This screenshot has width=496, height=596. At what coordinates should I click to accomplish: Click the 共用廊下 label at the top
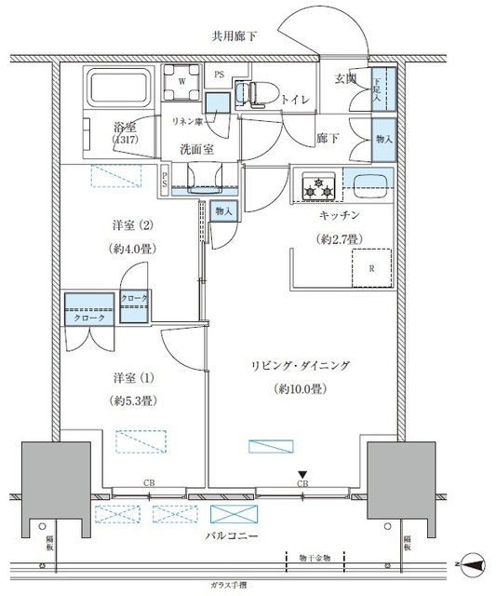(x=235, y=37)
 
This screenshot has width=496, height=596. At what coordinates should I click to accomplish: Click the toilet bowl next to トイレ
(x=246, y=91)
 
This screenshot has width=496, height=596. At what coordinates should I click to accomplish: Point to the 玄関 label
(x=346, y=79)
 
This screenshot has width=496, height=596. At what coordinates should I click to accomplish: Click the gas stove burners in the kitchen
(x=316, y=185)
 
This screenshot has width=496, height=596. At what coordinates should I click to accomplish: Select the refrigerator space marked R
(x=371, y=268)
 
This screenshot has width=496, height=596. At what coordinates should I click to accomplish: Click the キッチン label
(x=339, y=216)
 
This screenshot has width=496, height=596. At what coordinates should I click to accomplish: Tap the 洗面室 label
(x=198, y=147)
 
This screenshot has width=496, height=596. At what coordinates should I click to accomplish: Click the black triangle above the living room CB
(x=302, y=474)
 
